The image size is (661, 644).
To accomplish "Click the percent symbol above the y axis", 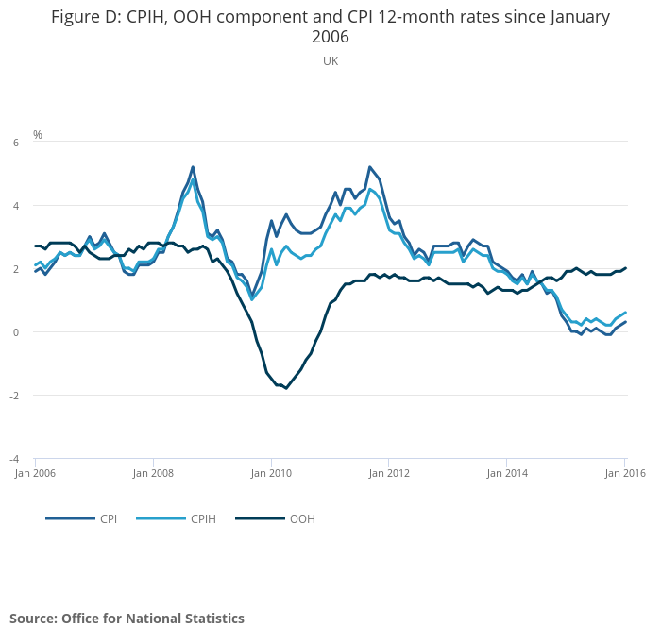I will (38, 135).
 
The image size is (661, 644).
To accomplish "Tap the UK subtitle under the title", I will (330, 61).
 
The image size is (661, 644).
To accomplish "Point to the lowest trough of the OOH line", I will (286, 388).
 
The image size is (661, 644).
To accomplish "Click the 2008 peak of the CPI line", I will (193, 167).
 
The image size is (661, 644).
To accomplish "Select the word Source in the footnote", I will (32, 619).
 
